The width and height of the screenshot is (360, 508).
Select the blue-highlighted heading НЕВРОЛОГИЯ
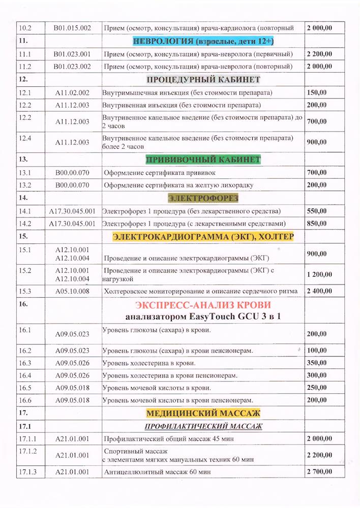[203, 41]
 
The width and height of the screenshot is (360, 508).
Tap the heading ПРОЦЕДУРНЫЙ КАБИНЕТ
[203, 80]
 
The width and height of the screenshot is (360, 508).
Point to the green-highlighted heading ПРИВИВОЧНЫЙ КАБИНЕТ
[203, 160]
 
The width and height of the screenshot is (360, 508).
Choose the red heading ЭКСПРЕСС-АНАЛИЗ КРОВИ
[203, 305]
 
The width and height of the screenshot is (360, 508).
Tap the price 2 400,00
[319, 291]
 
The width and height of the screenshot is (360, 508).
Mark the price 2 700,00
[319, 472]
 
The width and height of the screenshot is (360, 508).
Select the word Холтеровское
[128, 291]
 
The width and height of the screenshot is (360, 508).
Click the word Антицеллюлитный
[133, 472]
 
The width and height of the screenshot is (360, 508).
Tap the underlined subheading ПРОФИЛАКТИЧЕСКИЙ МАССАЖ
[203, 426]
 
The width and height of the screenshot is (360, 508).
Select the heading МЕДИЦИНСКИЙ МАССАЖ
[203, 412]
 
